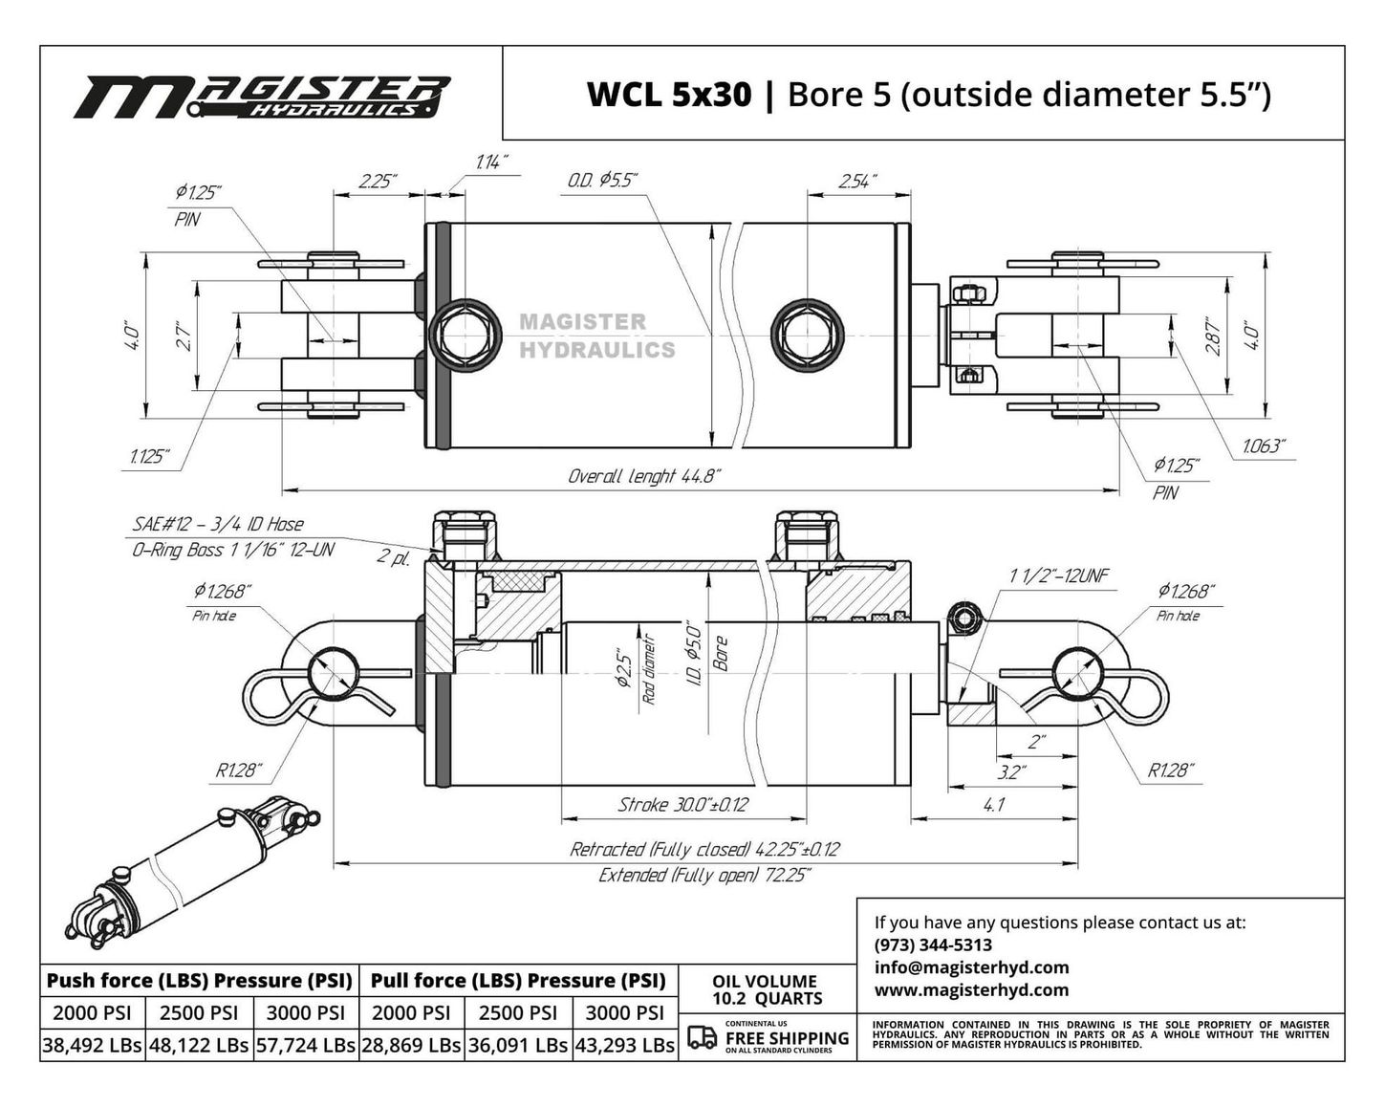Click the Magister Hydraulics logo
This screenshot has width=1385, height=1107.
pyautogui.click(x=261, y=97)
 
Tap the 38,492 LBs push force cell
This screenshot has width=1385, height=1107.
pyautogui.click(x=93, y=1046)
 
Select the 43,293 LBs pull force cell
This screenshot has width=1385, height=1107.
pyautogui.click(x=625, y=1046)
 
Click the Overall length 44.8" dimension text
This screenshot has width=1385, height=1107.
pyautogui.click(x=643, y=476)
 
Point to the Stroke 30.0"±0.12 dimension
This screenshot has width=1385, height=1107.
pyautogui.click(x=682, y=805)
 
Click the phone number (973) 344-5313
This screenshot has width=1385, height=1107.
pyautogui.click(x=933, y=945)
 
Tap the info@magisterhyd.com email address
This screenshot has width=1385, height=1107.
pyautogui.click(x=971, y=967)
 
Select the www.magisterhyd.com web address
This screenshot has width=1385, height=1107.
pyautogui.click(x=971, y=990)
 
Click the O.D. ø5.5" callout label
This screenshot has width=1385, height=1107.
pyautogui.click(x=602, y=180)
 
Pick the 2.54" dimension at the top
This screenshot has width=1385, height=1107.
pyautogui.click(x=857, y=181)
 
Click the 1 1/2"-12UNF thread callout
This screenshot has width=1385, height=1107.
pyautogui.click(x=1058, y=575)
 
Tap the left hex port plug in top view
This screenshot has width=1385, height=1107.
pyautogui.click(x=465, y=335)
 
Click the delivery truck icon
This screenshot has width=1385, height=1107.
pyautogui.click(x=703, y=1037)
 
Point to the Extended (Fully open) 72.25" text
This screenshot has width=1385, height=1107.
pyautogui.click(x=704, y=876)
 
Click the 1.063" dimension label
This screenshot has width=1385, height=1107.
pyautogui.click(x=1263, y=446)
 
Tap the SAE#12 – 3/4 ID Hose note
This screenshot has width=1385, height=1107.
pyautogui.click(x=218, y=524)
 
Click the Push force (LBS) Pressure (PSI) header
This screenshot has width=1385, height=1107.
pyautogui.click(x=200, y=981)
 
